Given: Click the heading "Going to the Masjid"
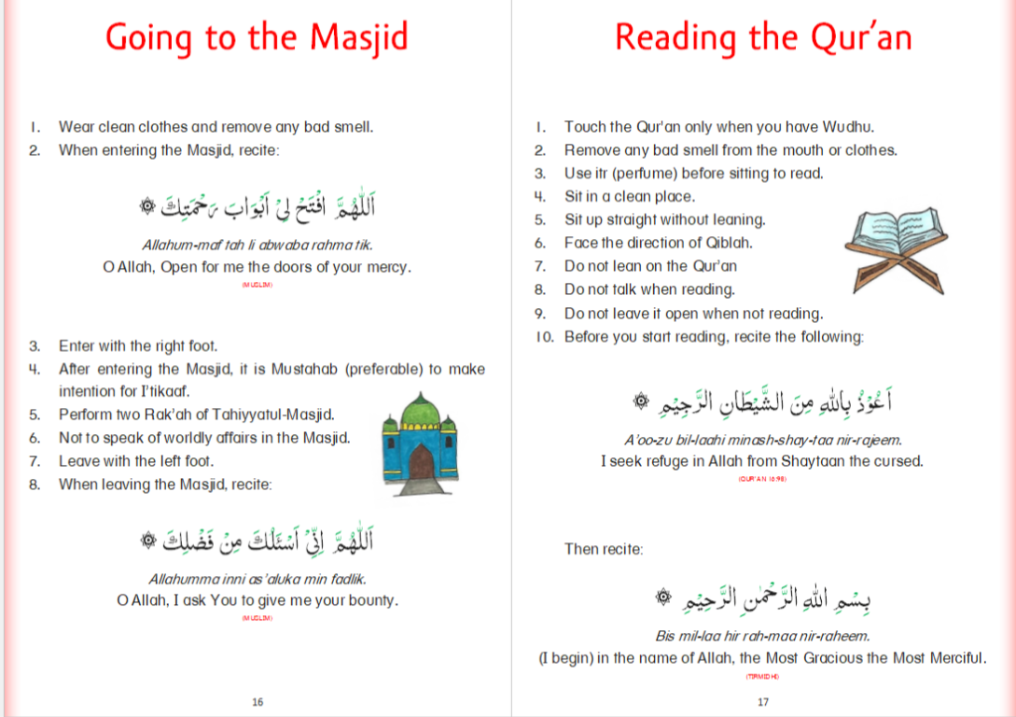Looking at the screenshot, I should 257,38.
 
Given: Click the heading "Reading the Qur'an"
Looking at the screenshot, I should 762,38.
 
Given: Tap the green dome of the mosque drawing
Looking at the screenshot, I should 419,409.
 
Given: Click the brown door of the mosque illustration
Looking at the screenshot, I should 421,462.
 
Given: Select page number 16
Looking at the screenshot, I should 257,702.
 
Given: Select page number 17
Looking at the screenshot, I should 763,702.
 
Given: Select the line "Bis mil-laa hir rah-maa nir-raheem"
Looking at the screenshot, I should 762,636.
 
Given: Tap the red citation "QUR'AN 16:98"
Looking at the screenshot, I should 762,478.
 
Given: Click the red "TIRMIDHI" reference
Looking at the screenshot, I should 762,676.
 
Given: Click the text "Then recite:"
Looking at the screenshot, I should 604,549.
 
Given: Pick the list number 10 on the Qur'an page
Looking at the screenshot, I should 545,336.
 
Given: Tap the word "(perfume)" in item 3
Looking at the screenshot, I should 650,174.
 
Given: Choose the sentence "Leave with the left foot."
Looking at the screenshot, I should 136,461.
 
